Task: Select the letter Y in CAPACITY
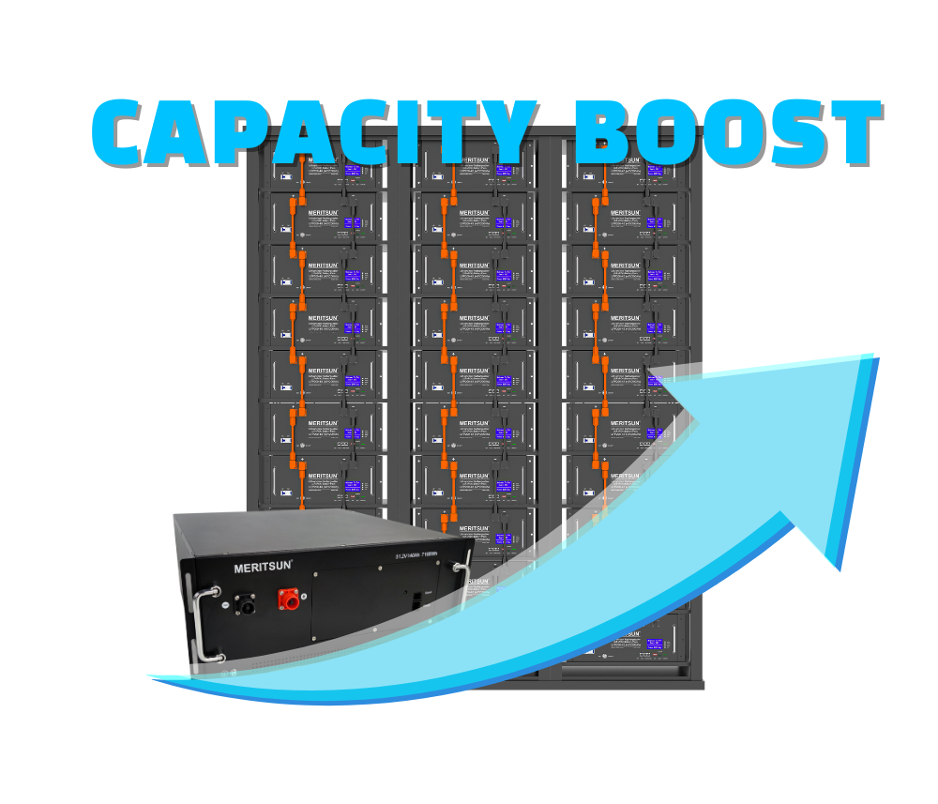[x=502, y=133]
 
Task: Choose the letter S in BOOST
[x=785, y=133]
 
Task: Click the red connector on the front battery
[x=289, y=599]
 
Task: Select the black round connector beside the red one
[x=246, y=605]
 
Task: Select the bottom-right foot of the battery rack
[x=696, y=685]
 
